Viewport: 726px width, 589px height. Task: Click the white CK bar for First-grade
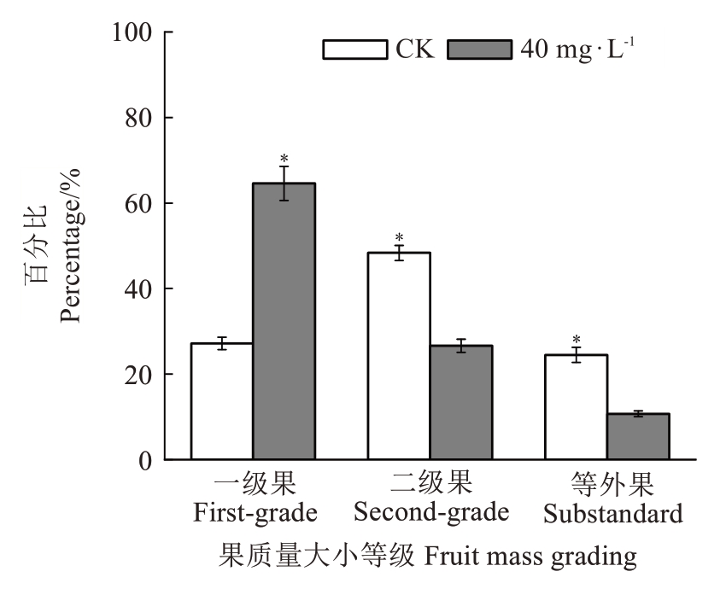(221, 401)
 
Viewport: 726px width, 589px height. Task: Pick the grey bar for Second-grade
(461, 402)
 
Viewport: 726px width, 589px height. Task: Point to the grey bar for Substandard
(638, 436)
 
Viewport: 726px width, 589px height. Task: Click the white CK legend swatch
(355, 50)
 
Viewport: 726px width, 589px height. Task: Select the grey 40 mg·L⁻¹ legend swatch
(480, 50)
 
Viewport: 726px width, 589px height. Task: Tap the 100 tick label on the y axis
(130, 33)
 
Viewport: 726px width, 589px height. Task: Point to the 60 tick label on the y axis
(138, 204)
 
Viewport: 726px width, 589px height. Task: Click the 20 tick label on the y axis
(138, 375)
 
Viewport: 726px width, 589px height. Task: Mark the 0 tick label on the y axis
(147, 461)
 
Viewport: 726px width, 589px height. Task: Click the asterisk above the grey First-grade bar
(284, 158)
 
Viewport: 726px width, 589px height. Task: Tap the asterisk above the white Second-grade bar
(399, 238)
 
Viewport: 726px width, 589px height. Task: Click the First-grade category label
(255, 513)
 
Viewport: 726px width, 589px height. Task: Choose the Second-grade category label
(431, 512)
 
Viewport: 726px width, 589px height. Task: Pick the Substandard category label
(613, 514)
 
